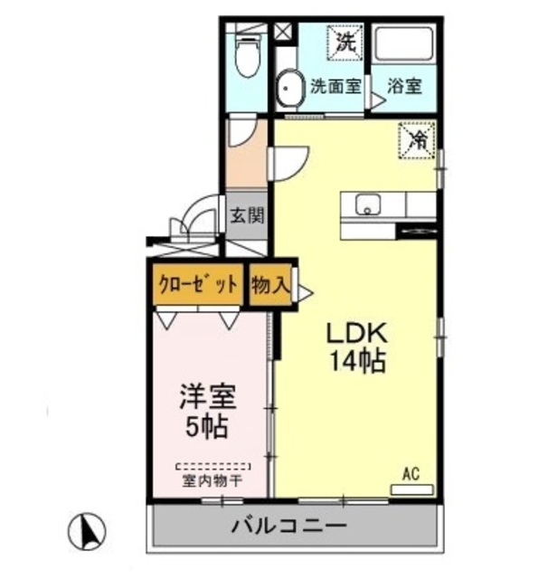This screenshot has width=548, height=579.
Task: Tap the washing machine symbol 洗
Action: coord(345,41)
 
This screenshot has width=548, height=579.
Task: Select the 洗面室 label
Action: coord(335,88)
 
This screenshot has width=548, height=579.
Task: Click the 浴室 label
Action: coord(404,88)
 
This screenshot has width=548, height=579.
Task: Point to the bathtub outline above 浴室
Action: coord(404,47)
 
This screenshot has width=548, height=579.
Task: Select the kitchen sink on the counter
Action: coord(367,205)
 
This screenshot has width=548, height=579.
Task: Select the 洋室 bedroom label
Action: coord(208,396)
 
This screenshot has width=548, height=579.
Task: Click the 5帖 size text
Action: coord(208,425)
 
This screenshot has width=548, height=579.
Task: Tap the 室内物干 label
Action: coord(213,480)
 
